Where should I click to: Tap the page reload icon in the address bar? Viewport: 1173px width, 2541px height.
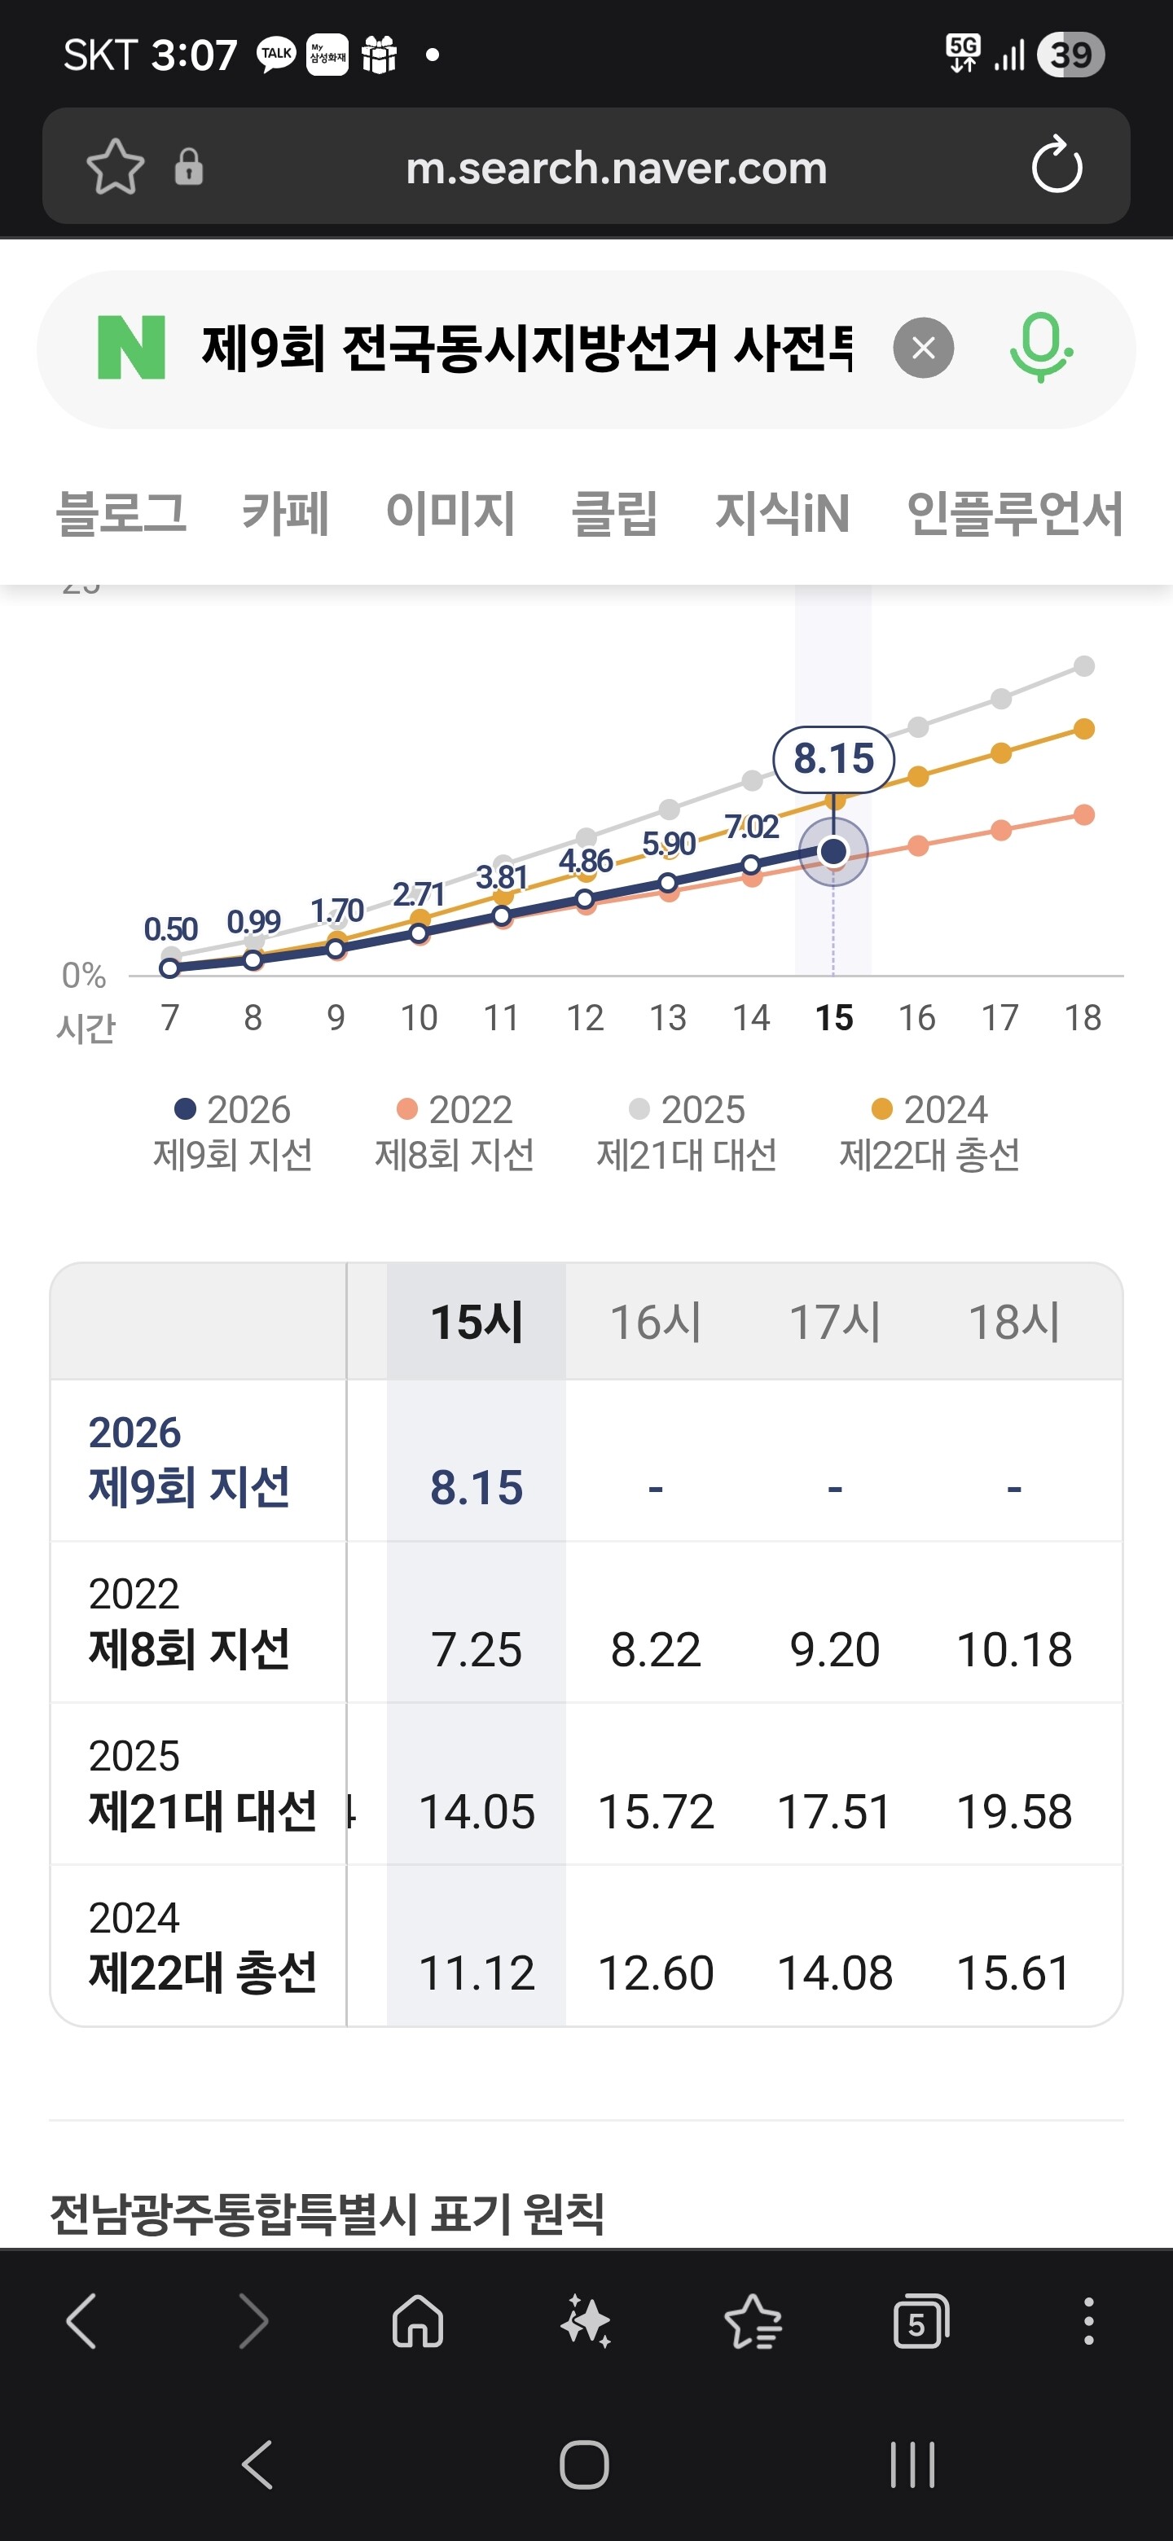1057,165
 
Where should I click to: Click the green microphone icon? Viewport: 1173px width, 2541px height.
1041,347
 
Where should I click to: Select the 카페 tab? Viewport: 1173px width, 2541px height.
285,513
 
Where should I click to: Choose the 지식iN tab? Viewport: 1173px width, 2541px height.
782,513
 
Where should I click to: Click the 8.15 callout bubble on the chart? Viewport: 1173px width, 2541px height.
833,758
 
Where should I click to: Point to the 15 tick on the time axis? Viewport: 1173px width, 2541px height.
833,1017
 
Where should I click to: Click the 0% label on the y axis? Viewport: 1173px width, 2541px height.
84,976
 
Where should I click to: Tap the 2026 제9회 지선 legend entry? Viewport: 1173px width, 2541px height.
233,1131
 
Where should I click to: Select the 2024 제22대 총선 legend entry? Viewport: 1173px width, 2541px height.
929,1131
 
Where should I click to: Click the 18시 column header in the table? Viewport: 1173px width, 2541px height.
1014,1322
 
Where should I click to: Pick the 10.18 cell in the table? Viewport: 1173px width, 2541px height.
1014,1649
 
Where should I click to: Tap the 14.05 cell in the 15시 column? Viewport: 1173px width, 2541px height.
477,1811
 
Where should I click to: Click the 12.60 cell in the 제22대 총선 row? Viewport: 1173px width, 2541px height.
656,1973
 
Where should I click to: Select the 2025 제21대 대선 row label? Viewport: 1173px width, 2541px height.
202,1784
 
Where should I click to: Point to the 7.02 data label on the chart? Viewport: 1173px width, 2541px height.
752,827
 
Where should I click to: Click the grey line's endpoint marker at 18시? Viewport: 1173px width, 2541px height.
1084,666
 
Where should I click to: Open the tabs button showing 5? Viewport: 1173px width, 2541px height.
920,2322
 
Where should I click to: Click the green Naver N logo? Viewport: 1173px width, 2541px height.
131,347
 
